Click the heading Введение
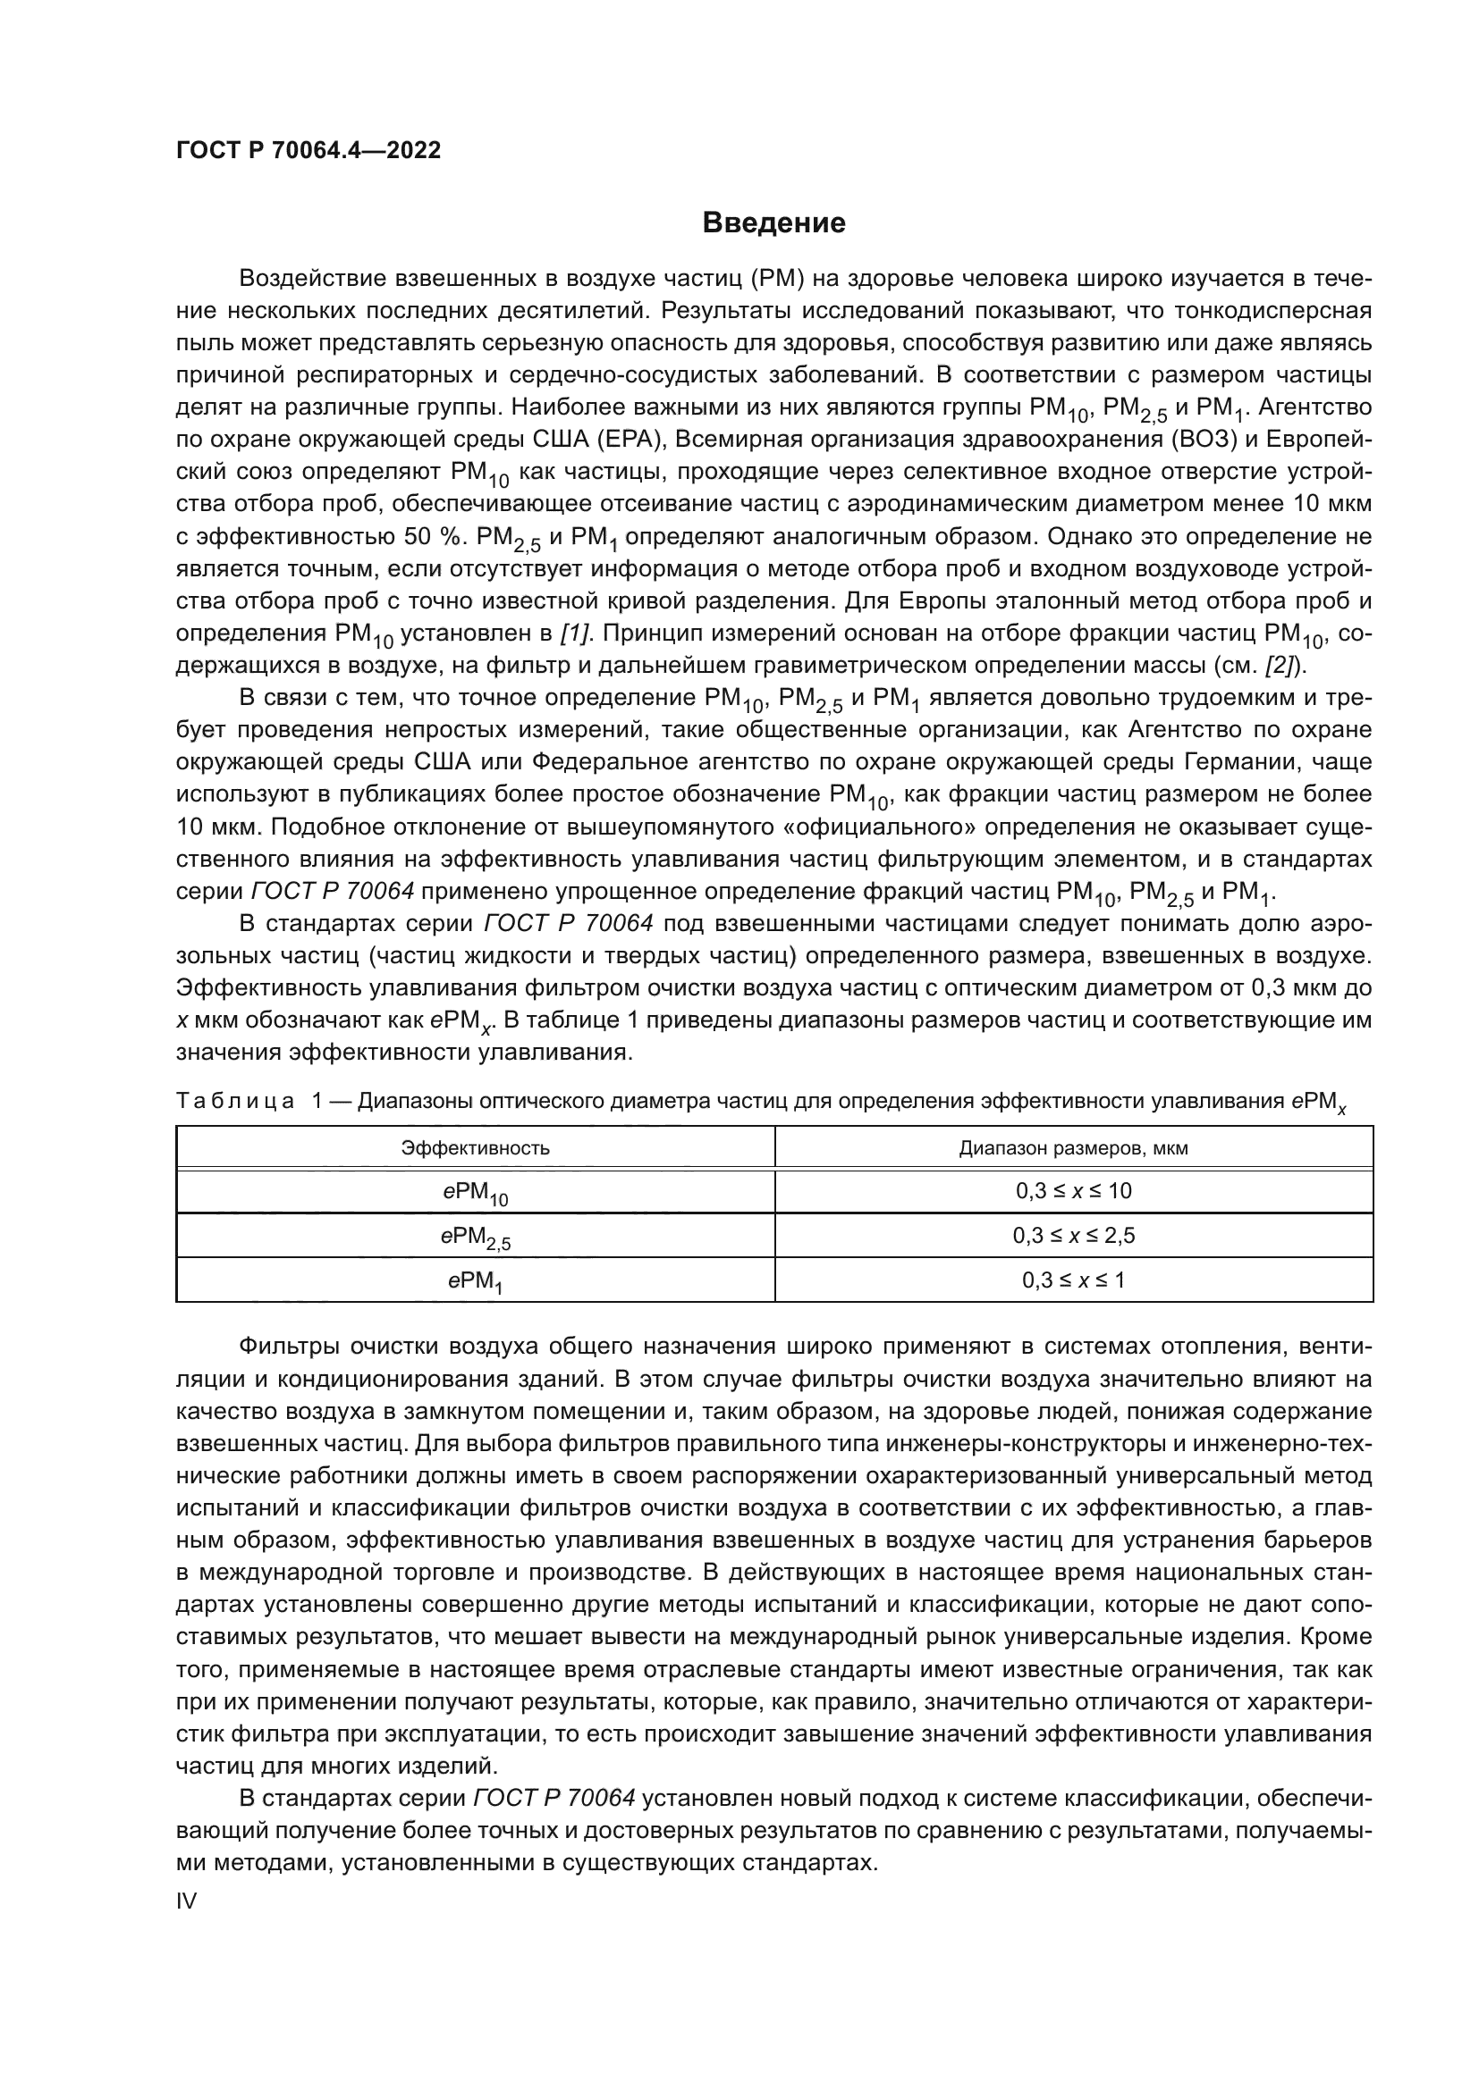[x=773, y=223]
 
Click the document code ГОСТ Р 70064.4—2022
[x=308, y=150]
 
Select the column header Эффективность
[x=476, y=1148]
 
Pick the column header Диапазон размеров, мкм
[x=1073, y=1148]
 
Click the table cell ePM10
[x=476, y=1193]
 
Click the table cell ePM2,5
[x=476, y=1237]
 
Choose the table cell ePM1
[x=476, y=1280]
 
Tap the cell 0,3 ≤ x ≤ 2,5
[x=1073, y=1235]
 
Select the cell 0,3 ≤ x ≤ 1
[x=1073, y=1280]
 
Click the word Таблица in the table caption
[x=235, y=1102]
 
